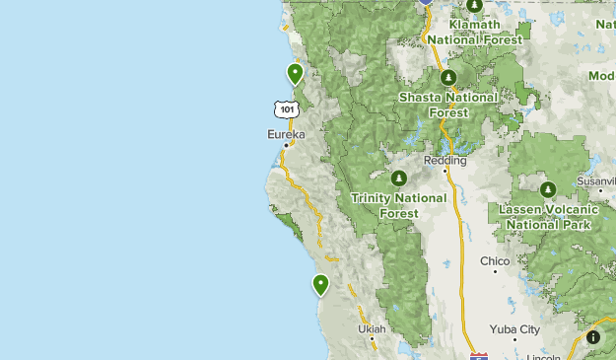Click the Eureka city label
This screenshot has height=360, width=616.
[x=286, y=134]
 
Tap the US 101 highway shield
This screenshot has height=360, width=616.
[x=286, y=108]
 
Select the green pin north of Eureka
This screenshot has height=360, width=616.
[x=295, y=73]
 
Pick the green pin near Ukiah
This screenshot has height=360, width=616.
[x=320, y=285]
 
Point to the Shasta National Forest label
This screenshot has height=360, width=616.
[x=447, y=105]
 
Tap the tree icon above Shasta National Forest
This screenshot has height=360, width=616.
[x=447, y=77]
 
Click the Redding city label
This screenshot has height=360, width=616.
[x=445, y=160]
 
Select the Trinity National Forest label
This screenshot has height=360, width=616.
[x=399, y=205]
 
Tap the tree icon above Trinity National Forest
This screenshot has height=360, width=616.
[x=399, y=179]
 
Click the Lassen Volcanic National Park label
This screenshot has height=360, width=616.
[x=548, y=217]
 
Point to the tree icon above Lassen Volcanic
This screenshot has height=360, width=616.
[x=548, y=189]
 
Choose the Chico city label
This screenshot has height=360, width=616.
[x=495, y=261]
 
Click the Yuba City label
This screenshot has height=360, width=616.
[x=514, y=329]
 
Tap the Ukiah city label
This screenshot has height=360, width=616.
[x=373, y=328]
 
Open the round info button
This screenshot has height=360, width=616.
[x=593, y=337]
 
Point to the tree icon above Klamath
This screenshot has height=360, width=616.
[x=474, y=6]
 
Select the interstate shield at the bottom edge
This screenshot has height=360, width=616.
[x=478, y=355]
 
